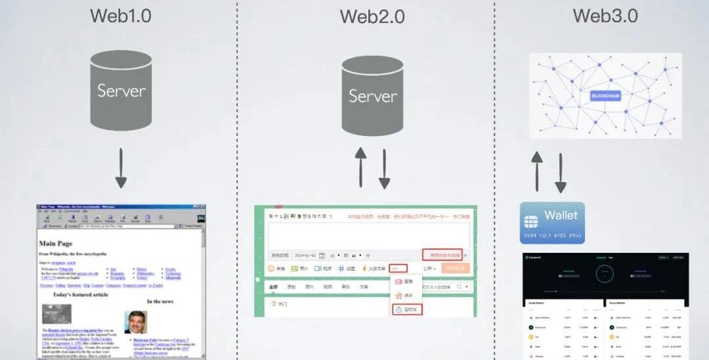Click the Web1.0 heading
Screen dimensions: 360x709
120,16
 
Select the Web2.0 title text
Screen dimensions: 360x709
372,16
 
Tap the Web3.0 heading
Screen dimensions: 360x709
605,16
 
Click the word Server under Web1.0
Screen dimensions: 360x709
121,91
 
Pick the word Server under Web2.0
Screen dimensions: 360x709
372,96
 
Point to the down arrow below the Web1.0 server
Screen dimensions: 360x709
121,168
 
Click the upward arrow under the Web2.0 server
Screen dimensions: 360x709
360,167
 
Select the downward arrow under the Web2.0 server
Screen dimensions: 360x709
384,167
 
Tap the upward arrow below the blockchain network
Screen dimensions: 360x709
537,170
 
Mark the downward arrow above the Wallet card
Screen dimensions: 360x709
561,172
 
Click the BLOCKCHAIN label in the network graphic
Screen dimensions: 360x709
605,96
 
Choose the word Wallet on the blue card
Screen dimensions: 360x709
561,215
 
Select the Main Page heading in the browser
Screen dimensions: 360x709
55,243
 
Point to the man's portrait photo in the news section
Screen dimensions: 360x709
136,321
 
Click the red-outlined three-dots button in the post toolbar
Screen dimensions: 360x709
398,268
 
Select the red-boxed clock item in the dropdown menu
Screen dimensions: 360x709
407,309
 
